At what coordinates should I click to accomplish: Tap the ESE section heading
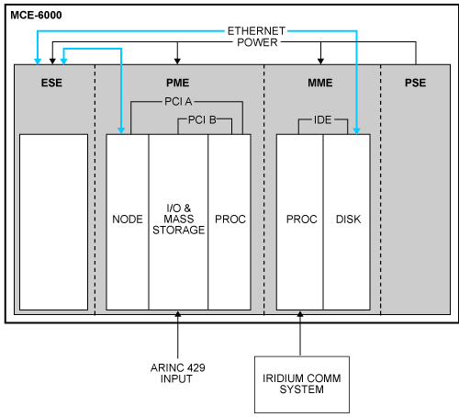click(53, 84)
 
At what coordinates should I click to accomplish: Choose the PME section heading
click(178, 84)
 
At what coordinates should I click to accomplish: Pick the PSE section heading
click(415, 84)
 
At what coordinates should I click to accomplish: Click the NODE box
click(128, 221)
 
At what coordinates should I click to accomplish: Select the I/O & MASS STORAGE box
click(178, 221)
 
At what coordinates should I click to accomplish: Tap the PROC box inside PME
click(229, 221)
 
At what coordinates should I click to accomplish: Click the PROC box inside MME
click(301, 221)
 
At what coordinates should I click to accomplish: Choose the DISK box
click(348, 221)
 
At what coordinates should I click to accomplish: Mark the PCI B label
click(203, 119)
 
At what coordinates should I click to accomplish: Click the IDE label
click(323, 119)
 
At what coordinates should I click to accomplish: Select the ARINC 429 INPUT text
click(178, 373)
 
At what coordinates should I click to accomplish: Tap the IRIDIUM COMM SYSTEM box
click(300, 383)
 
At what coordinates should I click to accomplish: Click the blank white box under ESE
click(54, 221)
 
